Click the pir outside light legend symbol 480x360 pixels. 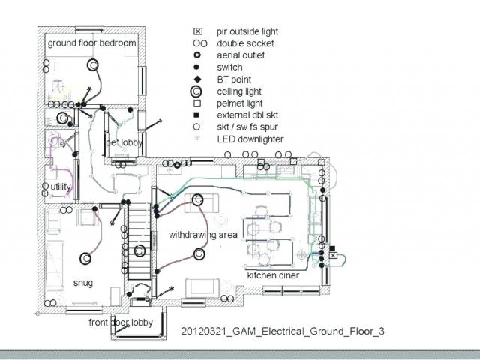[x=198, y=31]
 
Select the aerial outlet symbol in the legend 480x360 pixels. [x=197, y=55]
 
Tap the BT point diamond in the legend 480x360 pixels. [x=198, y=79]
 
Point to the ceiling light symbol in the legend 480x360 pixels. [x=196, y=91]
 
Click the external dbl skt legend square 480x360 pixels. [x=196, y=115]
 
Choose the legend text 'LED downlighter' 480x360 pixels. [x=250, y=139]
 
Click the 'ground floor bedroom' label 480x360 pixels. [x=91, y=43]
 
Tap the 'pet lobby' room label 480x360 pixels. [x=124, y=143]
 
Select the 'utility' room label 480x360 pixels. [x=60, y=187]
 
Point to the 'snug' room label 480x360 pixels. [x=83, y=283]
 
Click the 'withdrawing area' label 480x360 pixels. [x=203, y=235]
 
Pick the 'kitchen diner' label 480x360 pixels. [x=273, y=275]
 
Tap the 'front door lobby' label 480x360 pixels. [x=121, y=322]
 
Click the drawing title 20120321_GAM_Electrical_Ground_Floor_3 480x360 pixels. [x=283, y=331]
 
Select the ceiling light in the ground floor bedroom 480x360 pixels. [x=93, y=65]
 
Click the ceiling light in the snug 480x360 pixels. [x=85, y=259]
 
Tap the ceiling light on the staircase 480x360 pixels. [x=139, y=250]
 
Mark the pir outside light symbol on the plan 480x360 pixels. [x=333, y=255]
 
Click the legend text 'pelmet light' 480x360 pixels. [x=240, y=103]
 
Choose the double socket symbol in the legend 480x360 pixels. [x=200, y=43]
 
